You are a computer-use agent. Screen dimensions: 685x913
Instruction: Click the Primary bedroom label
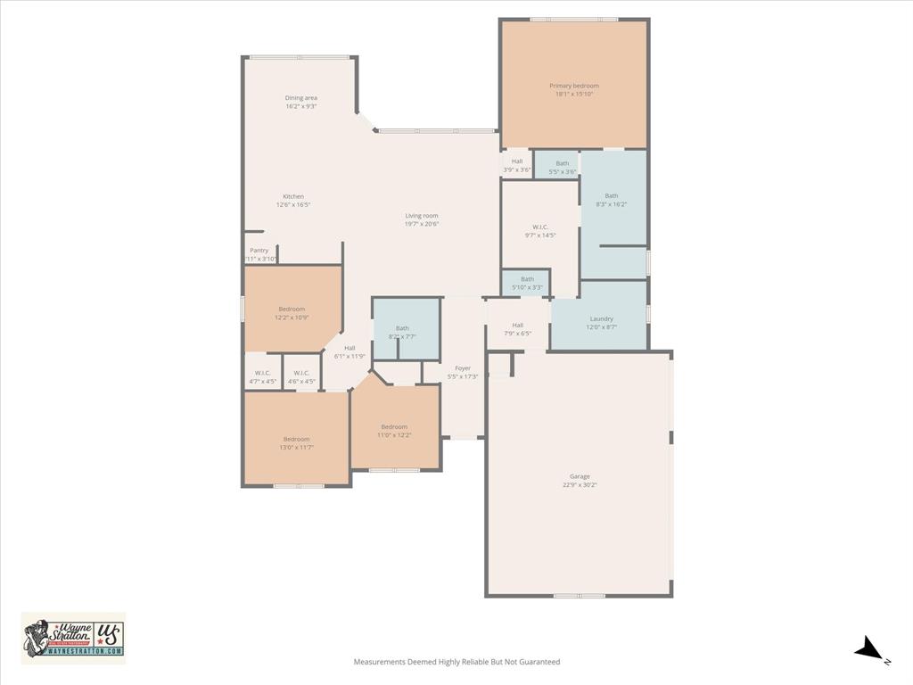click(x=573, y=86)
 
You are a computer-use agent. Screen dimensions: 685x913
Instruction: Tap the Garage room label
click(x=580, y=476)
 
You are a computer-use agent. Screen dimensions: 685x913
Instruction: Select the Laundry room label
click(x=601, y=318)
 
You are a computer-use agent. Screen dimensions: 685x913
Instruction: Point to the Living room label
click(x=422, y=216)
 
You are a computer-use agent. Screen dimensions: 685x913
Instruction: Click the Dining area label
click(x=301, y=98)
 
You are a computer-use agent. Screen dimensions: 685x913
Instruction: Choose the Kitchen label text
click(x=293, y=196)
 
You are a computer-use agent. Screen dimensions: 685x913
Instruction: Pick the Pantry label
click(x=259, y=251)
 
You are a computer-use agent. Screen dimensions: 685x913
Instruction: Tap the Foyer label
click(x=463, y=367)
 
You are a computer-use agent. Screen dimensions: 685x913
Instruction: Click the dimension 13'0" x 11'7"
click(x=297, y=447)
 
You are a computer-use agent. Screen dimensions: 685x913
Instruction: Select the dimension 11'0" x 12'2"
click(x=394, y=434)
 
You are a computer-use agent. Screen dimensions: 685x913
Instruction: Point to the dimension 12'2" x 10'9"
click(x=292, y=317)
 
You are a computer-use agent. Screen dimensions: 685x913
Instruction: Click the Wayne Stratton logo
click(x=73, y=638)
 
